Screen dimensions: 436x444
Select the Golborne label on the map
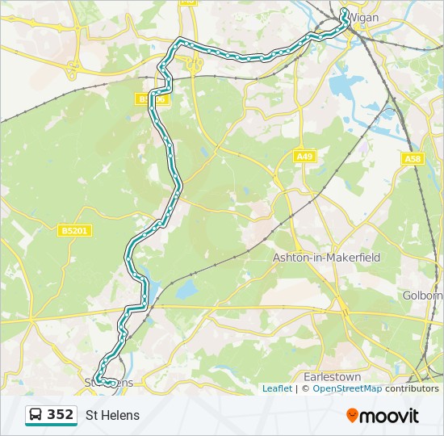pos(423,296)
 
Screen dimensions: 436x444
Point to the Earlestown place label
pos(331,377)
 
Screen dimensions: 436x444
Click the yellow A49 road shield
pos(304,157)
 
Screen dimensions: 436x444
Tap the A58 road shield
pos(413,159)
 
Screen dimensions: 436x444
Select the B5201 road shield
pos(75,231)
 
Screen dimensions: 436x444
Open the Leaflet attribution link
pos(277,388)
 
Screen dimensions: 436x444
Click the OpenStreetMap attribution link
pos(347,388)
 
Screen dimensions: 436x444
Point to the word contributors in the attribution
pos(412,388)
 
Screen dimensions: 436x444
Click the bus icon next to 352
pos(36,415)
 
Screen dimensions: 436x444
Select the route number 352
pos(61,415)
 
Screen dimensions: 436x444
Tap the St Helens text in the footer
pos(112,416)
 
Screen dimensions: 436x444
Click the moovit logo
pos(383,416)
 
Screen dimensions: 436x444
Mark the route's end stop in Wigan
pos(344,12)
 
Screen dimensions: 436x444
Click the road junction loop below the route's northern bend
pos(194,65)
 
